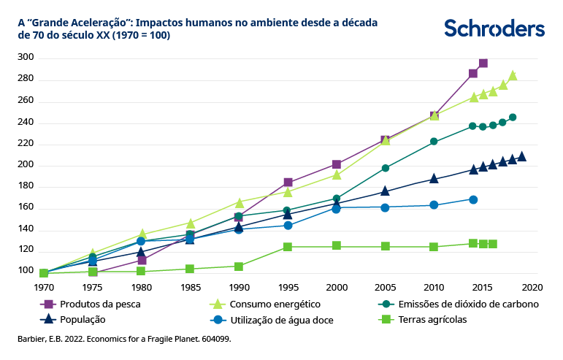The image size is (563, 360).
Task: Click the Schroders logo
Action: click(494, 28)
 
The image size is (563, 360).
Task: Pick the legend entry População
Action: click(83, 319)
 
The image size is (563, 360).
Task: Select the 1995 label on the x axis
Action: click(288, 287)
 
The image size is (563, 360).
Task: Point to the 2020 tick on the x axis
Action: click(532, 287)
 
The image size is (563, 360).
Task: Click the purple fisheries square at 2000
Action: click(337, 164)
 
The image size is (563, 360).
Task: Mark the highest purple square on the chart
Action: click(483, 64)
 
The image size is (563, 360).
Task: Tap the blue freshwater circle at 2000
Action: click(337, 209)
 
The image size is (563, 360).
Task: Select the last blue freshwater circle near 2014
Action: click(473, 199)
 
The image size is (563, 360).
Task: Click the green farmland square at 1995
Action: click(288, 247)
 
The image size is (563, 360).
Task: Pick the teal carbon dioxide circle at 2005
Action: click(386, 168)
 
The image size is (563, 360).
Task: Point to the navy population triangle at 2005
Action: click(386, 191)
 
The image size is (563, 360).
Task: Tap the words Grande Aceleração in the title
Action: click(80, 23)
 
